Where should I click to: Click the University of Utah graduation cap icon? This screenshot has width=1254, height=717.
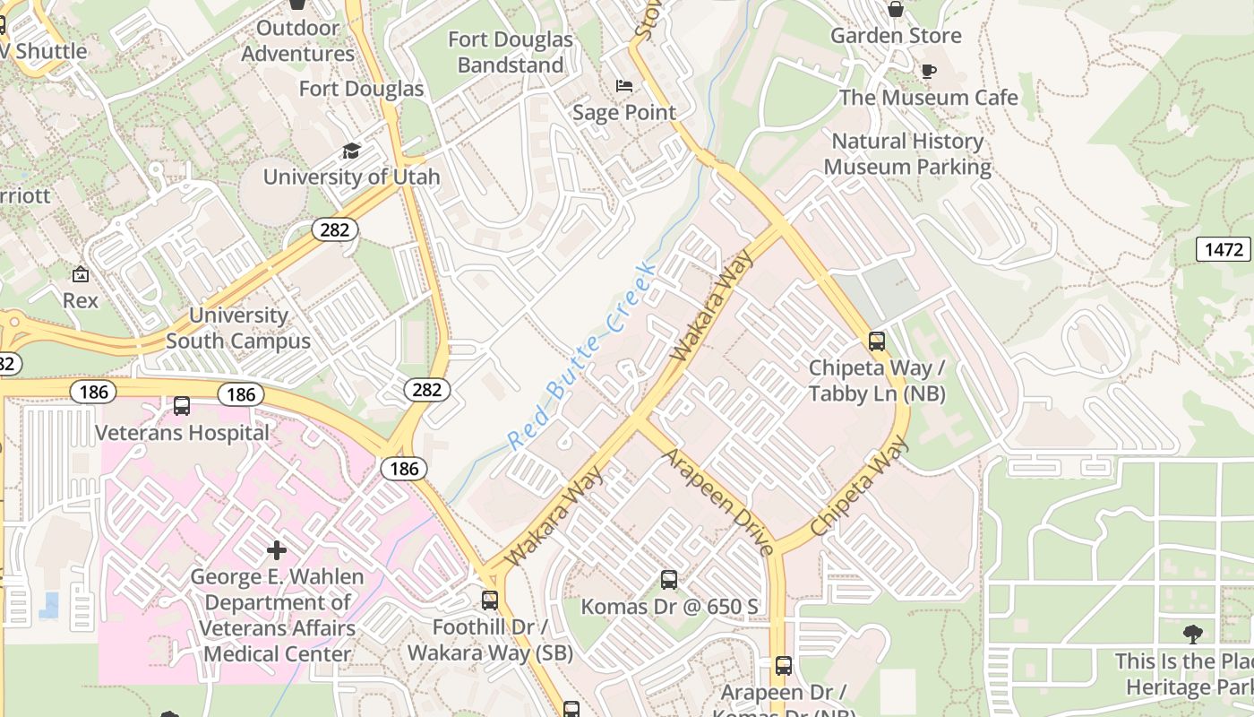click(351, 151)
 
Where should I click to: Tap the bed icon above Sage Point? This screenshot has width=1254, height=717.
click(625, 86)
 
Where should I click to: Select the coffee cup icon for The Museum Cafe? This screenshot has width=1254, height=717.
click(929, 71)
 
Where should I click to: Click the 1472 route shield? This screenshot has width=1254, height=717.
click(1224, 249)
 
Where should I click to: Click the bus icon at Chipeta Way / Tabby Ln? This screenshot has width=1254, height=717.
click(877, 341)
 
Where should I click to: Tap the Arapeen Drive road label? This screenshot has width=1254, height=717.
click(717, 502)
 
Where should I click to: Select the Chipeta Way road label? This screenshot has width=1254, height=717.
click(859, 488)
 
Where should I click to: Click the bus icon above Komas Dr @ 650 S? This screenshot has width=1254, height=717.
click(669, 580)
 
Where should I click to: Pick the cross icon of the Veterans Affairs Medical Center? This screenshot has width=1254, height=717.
click(277, 549)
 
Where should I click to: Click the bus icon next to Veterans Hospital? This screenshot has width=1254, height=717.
click(182, 406)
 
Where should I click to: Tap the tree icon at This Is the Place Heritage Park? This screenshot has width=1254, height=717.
click(1192, 635)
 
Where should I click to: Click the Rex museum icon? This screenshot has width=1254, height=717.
click(81, 274)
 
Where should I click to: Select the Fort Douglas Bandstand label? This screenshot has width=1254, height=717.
click(510, 52)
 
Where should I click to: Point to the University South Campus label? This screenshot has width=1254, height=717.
click(238, 328)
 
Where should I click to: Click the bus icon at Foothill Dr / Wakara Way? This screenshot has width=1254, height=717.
click(489, 600)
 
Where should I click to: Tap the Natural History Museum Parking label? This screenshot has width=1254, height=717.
click(907, 154)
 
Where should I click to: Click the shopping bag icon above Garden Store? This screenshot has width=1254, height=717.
click(895, 9)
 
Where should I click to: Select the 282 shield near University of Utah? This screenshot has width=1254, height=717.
click(335, 229)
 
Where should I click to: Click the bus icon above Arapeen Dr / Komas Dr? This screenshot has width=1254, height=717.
click(784, 666)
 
